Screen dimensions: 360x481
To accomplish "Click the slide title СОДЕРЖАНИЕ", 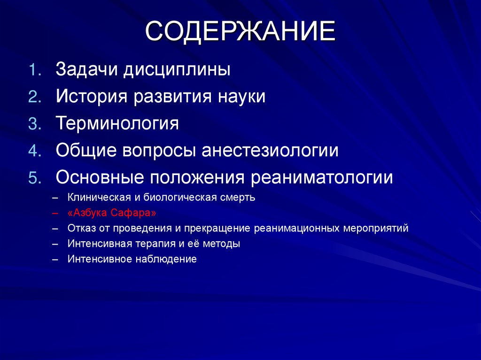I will point(240,31).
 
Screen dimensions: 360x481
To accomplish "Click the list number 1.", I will point(36,70).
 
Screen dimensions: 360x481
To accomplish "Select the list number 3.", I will point(36,124).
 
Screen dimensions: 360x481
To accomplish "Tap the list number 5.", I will point(36,178).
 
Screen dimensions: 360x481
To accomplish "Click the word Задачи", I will point(86,70).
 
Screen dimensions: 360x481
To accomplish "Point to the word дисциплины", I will point(177,70).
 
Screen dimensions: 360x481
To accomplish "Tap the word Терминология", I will point(117,124).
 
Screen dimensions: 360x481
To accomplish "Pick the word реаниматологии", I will point(322,178).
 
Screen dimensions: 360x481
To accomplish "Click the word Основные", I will point(100,178).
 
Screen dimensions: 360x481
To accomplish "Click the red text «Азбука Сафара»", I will point(112,213).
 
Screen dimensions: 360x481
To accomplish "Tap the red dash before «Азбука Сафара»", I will point(56,213).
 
